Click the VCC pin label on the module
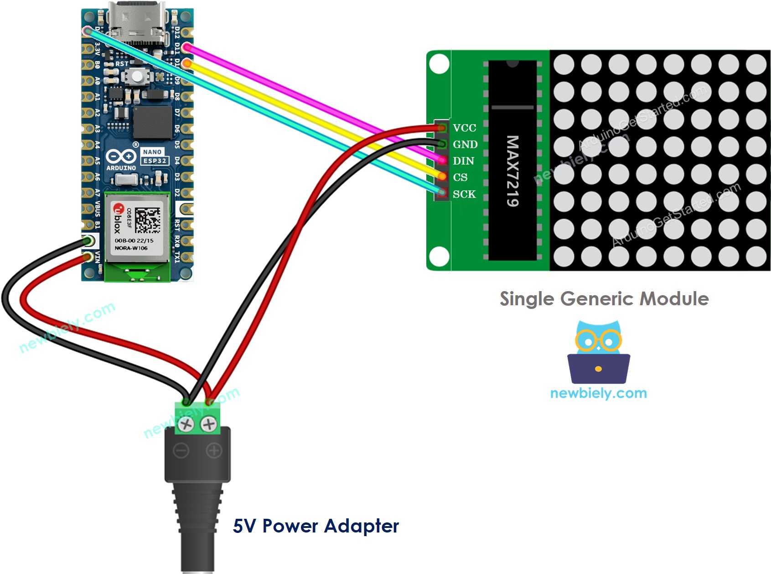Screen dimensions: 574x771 coord(464,128)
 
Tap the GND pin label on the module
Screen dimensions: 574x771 coord(465,144)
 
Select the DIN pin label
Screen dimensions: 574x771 coord(463,161)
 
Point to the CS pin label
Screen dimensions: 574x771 coord(460,177)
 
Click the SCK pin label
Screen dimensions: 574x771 coord(464,194)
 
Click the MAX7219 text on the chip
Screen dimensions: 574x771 coord(512,171)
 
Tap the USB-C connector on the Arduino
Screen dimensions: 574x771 coord(137,21)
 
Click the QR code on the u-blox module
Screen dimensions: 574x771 coord(148,220)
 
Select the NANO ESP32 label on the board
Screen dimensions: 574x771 coord(155,156)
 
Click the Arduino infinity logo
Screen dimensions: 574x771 coord(121,157)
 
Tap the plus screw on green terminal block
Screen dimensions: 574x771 coord(209,424)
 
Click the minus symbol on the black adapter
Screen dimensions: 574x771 coord(181,451)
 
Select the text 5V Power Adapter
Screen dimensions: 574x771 coord(316,526)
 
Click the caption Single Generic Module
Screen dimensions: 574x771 coord(604,299)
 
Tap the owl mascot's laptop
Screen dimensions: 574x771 coord(598,369)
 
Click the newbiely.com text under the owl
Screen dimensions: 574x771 coord(598,393)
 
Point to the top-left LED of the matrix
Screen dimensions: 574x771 coord(564,64)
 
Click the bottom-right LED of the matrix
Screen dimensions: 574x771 coord(756,256)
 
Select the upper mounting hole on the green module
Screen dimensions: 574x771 coord(439,64)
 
